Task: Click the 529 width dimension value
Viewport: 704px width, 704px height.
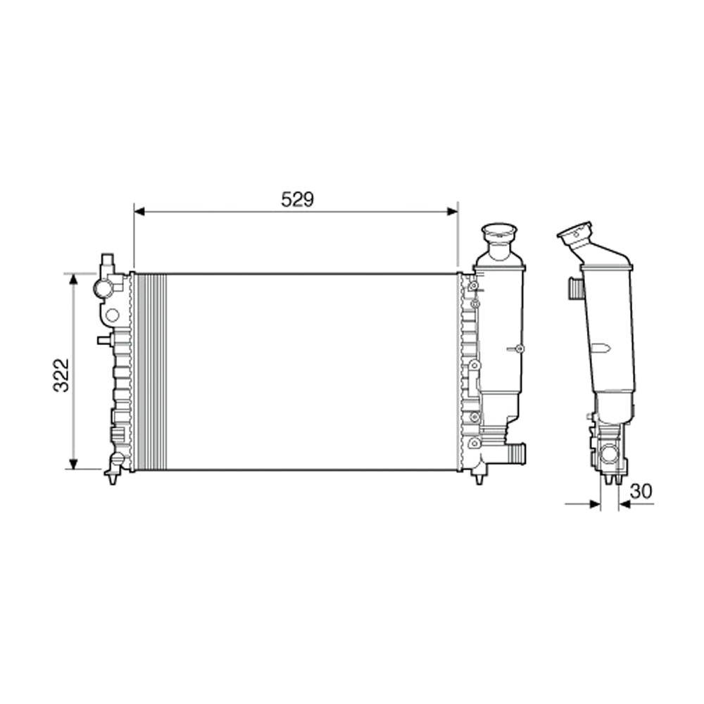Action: (x=297, y=199)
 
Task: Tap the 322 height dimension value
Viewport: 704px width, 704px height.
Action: (x=63, y=375)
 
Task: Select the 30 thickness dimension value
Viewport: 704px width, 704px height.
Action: (x=641, y=491)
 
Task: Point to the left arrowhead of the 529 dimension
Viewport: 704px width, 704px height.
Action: (x=139, y=210)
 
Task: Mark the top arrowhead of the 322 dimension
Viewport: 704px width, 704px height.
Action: (x=73, y=279)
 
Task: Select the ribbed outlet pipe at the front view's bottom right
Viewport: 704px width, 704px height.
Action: (x=516, y=453)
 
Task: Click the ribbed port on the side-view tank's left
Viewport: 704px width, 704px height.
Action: (x=574, y=287)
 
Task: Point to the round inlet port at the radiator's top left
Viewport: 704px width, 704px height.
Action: (x=103, y=288)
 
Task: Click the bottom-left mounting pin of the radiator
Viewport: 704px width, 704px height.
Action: (x=113, y=478)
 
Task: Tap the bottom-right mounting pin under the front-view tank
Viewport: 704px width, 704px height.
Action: (x=479, y=478)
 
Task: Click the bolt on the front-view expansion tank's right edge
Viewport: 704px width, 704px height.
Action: (x=519, y=349)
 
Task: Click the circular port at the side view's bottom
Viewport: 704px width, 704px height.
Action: (x=608, y=455)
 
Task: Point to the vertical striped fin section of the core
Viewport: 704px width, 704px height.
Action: (x=151, y=372)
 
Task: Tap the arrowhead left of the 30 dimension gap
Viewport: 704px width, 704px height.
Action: (x=595, y=503)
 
